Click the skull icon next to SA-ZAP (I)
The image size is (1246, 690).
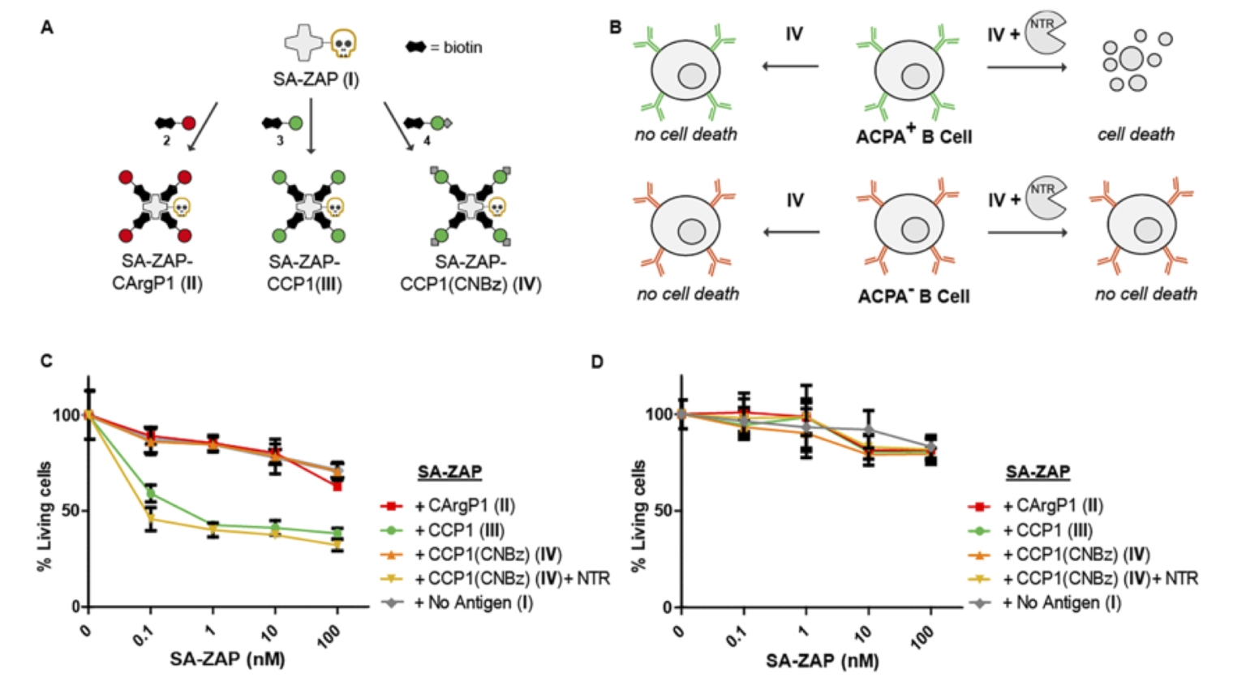point(344,43)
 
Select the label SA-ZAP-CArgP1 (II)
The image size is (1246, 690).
point(157,272)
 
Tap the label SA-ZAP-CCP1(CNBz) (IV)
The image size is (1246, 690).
point(470,272)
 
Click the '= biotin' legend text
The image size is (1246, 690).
point(455,48)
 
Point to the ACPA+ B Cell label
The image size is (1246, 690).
point(913,136)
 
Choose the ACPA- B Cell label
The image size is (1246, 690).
point(913,296)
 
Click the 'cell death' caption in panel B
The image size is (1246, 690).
point(1135,135)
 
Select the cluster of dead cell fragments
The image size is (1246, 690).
point(1135,61)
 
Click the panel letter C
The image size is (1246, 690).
point(46,360)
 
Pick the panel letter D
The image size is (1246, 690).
point(597,361)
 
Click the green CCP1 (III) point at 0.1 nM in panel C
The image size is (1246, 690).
point(150,493)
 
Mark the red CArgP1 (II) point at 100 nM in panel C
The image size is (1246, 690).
point(337,486)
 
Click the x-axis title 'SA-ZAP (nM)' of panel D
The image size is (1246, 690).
point(822,661)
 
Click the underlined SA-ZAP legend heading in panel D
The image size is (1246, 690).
point(1038,471)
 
